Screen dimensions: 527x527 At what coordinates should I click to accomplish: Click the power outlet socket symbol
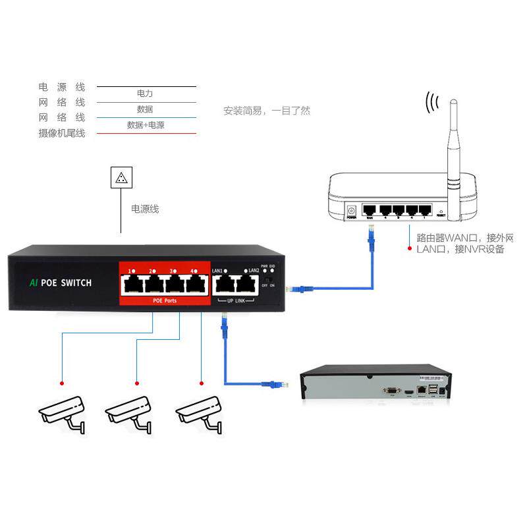121,177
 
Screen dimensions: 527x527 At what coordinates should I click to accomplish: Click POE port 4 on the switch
194,285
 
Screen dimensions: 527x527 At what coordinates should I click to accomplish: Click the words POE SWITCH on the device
66,283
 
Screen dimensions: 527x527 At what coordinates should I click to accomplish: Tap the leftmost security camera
63,412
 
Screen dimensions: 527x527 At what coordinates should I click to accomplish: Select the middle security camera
130,412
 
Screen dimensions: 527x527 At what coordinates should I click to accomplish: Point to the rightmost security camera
199,412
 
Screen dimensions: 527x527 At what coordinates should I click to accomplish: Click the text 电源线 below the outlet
145,209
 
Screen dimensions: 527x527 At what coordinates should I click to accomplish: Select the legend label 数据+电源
146,125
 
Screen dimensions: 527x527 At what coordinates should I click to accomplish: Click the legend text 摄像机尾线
62,134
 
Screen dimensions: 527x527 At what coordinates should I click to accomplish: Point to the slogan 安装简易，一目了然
266,111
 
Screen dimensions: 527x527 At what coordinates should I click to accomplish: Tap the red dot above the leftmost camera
62,383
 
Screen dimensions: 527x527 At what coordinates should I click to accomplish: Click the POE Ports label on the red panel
161,301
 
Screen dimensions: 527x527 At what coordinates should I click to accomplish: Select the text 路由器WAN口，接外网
465,238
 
